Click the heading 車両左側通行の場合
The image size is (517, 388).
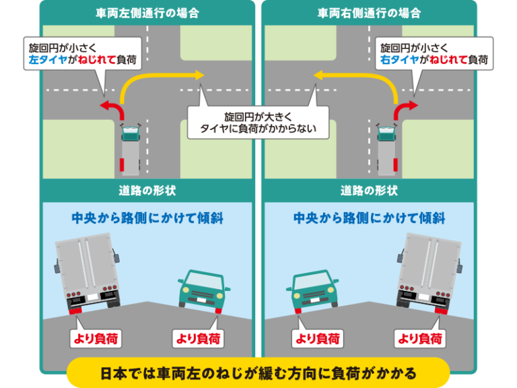(x=147, y=13)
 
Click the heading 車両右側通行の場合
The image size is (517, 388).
(x=370, y=13)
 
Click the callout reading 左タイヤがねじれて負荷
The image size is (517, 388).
(x=82, y=53)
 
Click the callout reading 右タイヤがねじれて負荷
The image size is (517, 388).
(x=434, y=53)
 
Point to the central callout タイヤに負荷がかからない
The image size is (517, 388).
(x=258, y=123)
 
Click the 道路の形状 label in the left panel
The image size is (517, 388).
(x=147, y=191)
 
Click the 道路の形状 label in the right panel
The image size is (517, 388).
(x=370, y=191)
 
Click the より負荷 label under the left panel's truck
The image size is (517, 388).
(x=96, y=339)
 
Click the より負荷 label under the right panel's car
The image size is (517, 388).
(x=318, y=339)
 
